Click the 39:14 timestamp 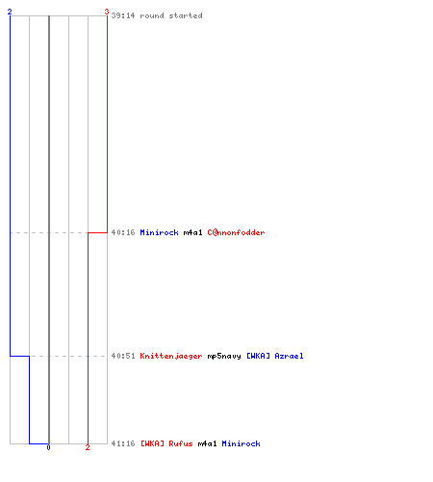123,15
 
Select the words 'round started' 171,15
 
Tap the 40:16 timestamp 123,232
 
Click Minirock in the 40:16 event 159,232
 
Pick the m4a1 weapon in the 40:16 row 192,232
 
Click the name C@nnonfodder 236,232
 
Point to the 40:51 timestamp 123,356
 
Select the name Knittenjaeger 171,356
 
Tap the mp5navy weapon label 224,356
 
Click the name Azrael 289,356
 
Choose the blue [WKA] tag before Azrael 258,356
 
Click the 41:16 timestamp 123,443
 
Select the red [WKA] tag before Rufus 152,443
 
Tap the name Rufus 181,443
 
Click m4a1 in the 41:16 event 207,443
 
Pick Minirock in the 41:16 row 241,443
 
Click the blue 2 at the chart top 10,12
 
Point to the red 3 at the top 107,12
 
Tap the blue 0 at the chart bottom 48,447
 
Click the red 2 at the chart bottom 88,447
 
